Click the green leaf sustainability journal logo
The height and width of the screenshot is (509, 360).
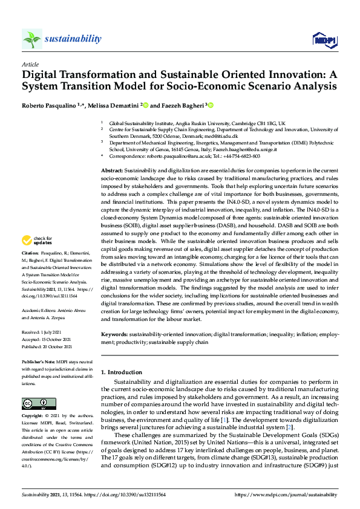31,40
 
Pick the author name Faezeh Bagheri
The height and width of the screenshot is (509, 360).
182,105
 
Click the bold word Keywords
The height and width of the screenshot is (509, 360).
114,334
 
